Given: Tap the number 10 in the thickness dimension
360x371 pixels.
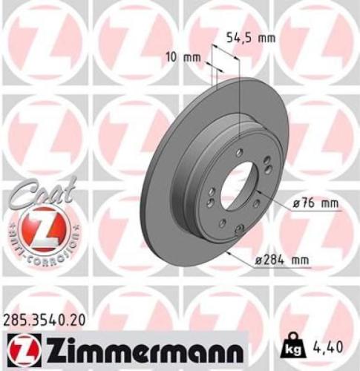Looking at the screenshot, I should [x=170, y=56].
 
